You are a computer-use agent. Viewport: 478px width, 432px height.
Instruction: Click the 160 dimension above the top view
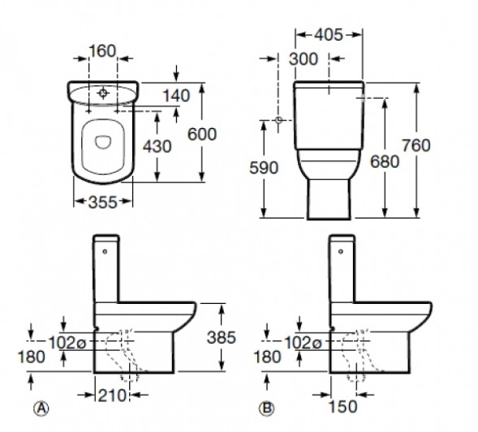pos(102,51)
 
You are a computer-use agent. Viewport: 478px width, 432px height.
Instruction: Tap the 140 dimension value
pos(176,96)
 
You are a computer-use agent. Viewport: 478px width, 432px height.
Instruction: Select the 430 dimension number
pos(157,147)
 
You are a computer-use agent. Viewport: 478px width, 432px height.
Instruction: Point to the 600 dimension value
pos(202,135)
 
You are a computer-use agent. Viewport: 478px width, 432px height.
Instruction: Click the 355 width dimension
pos(103,202)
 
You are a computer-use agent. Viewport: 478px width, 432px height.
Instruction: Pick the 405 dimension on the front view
pos(329,35)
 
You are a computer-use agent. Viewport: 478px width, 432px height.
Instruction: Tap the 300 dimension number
pos(304,59)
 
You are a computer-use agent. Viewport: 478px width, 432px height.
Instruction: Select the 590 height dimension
pos(264,168)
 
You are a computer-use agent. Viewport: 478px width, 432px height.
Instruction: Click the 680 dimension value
pos(385,161)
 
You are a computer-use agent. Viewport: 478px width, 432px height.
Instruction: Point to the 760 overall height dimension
pos(416,145)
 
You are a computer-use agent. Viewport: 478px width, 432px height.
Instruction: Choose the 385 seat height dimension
pos(222,337)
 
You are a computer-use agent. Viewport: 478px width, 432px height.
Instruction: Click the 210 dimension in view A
pos(111,396)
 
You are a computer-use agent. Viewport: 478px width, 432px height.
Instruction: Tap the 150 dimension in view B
pos(343,406)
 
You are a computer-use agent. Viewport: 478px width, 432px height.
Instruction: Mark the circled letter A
pos(41,408)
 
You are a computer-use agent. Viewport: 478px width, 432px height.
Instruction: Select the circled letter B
pos(267,408)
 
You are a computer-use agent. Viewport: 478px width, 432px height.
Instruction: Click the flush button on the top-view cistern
pos(103,92)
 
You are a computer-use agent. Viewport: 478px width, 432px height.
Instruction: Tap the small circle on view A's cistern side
pos(105,251)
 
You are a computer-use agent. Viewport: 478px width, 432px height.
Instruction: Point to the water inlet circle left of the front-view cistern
pos(278,120)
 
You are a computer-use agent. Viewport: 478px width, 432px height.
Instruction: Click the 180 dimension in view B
pos(267,357)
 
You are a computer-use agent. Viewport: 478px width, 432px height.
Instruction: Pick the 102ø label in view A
pos(67,343)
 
